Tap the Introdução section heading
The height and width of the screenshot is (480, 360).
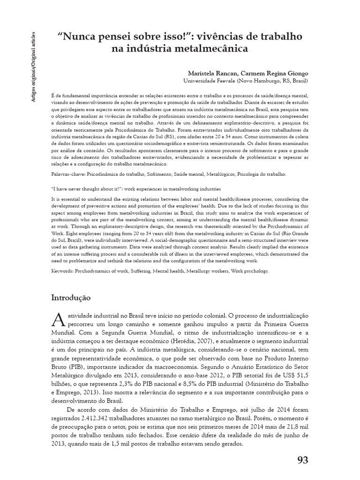71,298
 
